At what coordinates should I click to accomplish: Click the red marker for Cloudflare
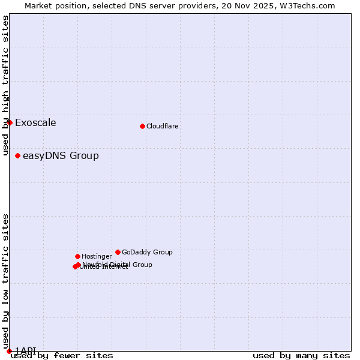pos(142,126)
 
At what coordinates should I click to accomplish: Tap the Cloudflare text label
pos(162,127)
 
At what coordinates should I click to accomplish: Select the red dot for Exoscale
pos(10,122)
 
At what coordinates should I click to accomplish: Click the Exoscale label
pos(35,123)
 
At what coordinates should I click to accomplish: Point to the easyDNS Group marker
pos(17,155)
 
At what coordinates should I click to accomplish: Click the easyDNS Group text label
pos(61,156)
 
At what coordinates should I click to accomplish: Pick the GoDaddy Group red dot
pos(118,252)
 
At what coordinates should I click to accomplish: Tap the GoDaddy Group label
pos(147,253)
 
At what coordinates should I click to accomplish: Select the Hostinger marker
pos(77,256)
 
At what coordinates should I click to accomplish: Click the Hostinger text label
pos(97,257)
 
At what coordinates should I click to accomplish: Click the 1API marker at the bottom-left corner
pos(9,351)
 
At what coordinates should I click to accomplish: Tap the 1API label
pos(26,350)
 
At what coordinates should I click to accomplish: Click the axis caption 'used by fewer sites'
pos(62,356)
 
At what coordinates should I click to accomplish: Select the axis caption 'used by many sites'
pos(301,356)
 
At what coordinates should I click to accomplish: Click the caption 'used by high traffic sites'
pos(5,85)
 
